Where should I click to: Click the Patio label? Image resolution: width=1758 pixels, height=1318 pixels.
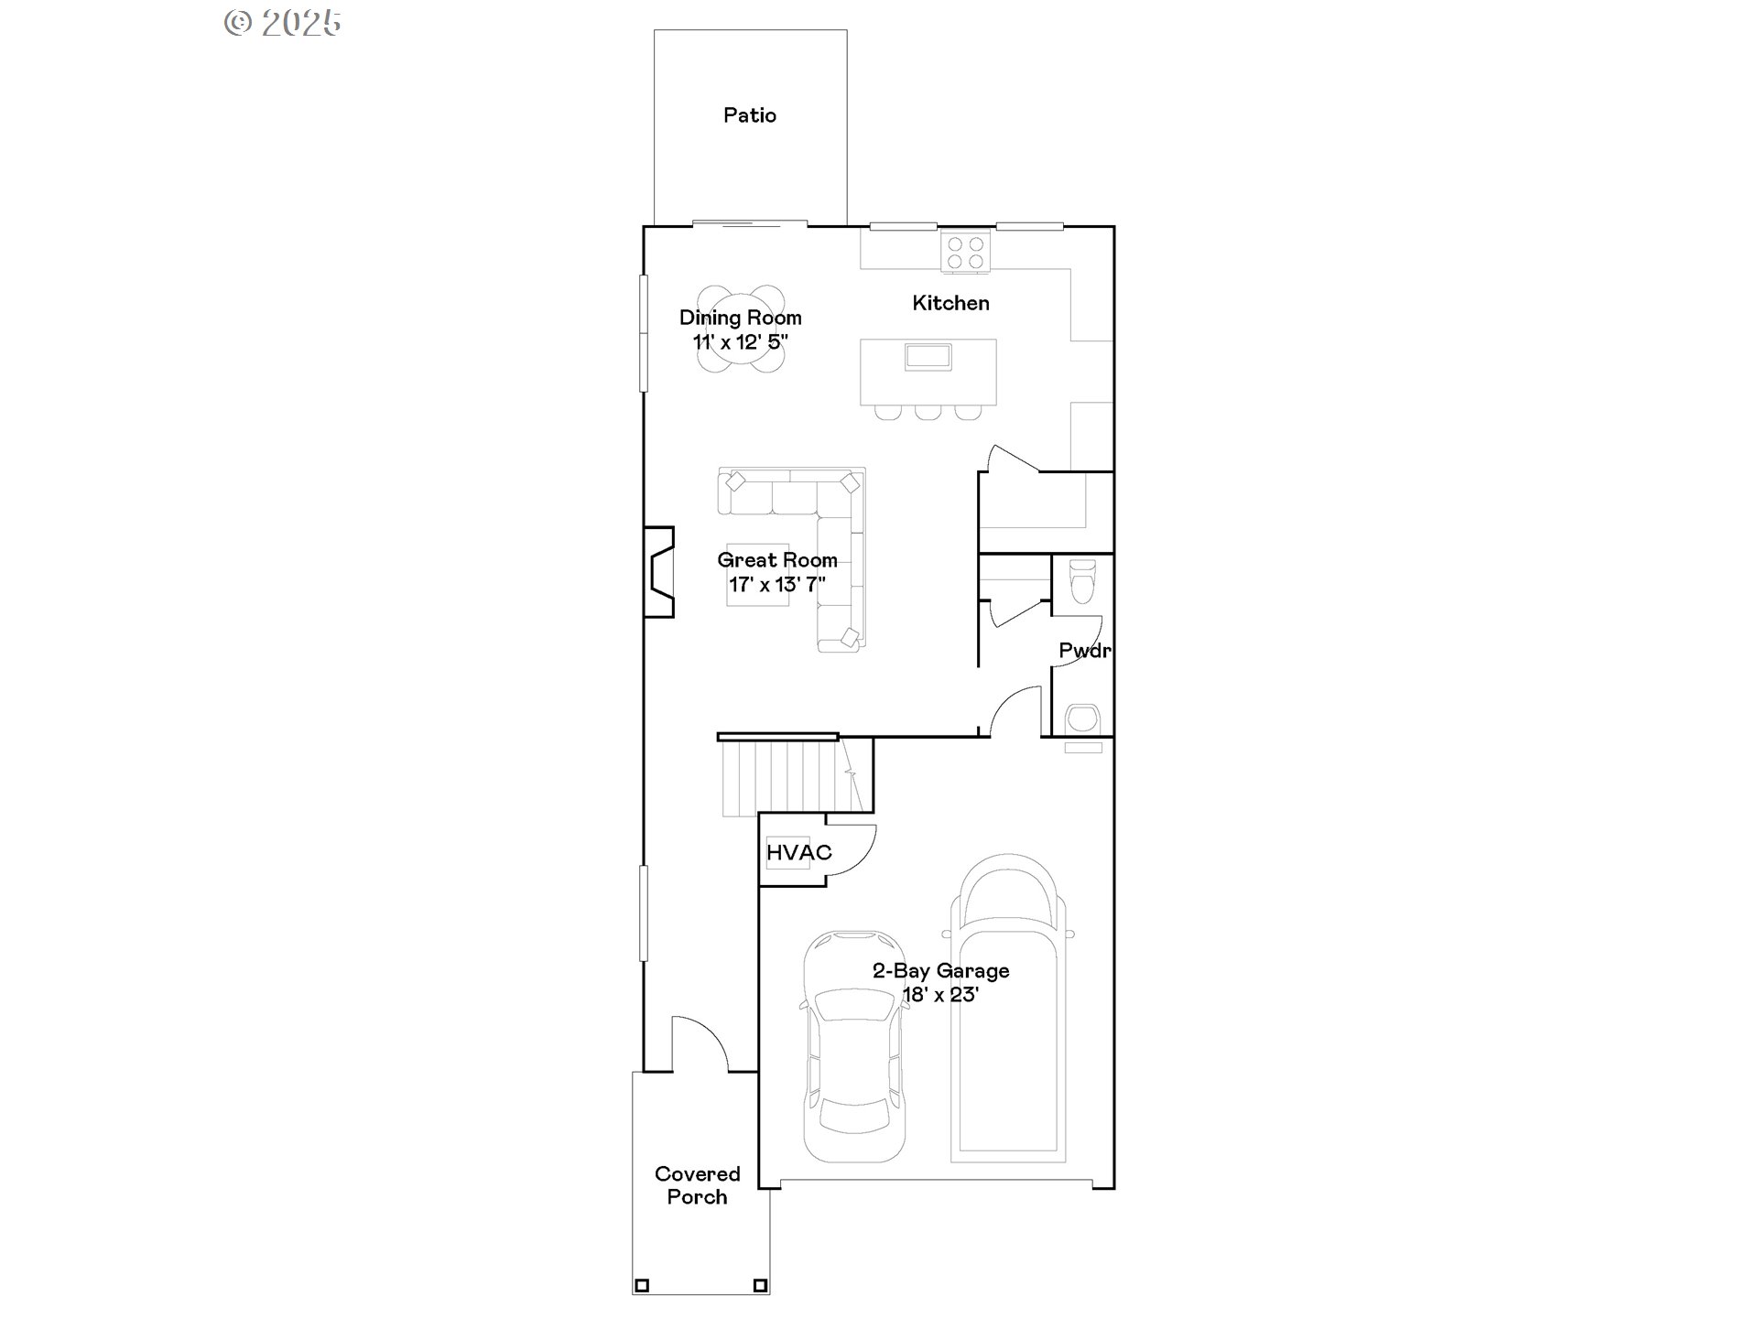coord(749,115)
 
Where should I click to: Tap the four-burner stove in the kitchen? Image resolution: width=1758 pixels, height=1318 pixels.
coord(965,253)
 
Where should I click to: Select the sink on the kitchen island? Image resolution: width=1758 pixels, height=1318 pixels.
coord(928,357)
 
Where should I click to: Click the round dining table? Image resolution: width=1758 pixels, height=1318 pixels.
coord(740,329)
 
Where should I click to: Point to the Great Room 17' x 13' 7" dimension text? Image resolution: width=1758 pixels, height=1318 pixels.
coord(776,584)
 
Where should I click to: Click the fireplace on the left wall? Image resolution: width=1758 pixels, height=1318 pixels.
coord(659,572)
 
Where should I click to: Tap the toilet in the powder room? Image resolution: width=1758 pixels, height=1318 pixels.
coord(1082,581)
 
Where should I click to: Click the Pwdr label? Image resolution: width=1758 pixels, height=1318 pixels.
coord(1084,651)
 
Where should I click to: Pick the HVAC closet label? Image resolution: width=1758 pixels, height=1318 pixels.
coord(798,853)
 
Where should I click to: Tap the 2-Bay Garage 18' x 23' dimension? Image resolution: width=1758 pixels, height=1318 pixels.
coord(940,995)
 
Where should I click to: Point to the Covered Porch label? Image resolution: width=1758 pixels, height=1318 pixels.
coord(697,1185)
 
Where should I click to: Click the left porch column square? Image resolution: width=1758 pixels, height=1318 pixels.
coord(642,1285)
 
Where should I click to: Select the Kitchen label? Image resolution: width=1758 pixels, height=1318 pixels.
coord(950,303)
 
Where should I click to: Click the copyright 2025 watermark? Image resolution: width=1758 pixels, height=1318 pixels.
coord(283,23)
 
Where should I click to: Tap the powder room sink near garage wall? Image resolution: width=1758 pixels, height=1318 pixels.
coord(1082,718)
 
